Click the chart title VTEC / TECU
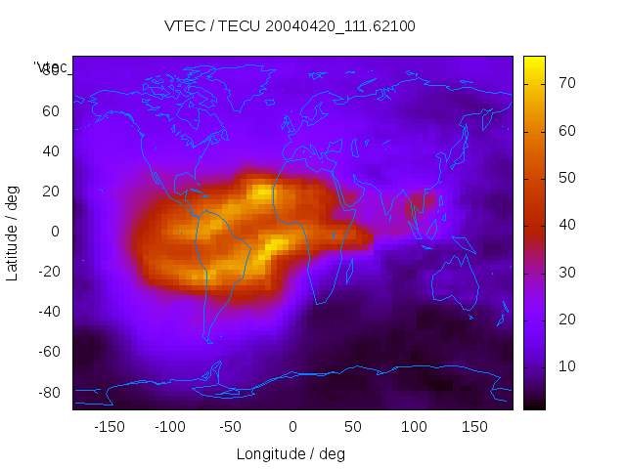[290, 26]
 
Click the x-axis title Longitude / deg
[291, 454]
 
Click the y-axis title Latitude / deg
[13, 232]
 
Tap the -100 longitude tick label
[169, 426]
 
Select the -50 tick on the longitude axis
[231, 426]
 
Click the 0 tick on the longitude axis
[292, 426]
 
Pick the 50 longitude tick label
[353, 426]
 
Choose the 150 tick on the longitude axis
[474, 426]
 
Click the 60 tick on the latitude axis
[51, 111]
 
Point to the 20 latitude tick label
[51, 192]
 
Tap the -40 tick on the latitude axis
[48, 312]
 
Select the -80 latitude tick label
[48, 392]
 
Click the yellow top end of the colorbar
[534, 61]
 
